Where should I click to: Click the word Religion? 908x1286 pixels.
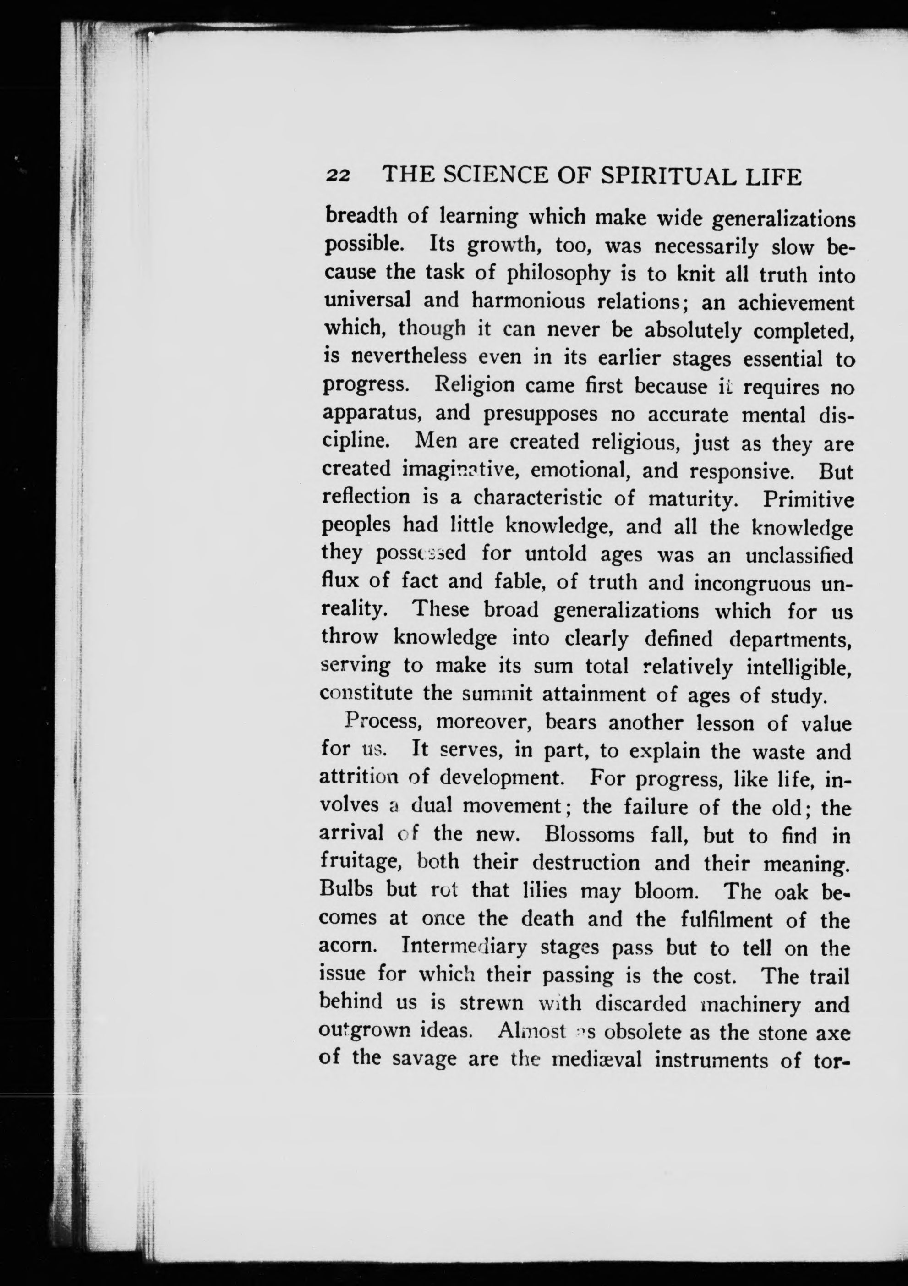[x=475, y=385]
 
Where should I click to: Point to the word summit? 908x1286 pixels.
[x=498, y=695]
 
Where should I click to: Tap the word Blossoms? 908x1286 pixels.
[x=589, y=835]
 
